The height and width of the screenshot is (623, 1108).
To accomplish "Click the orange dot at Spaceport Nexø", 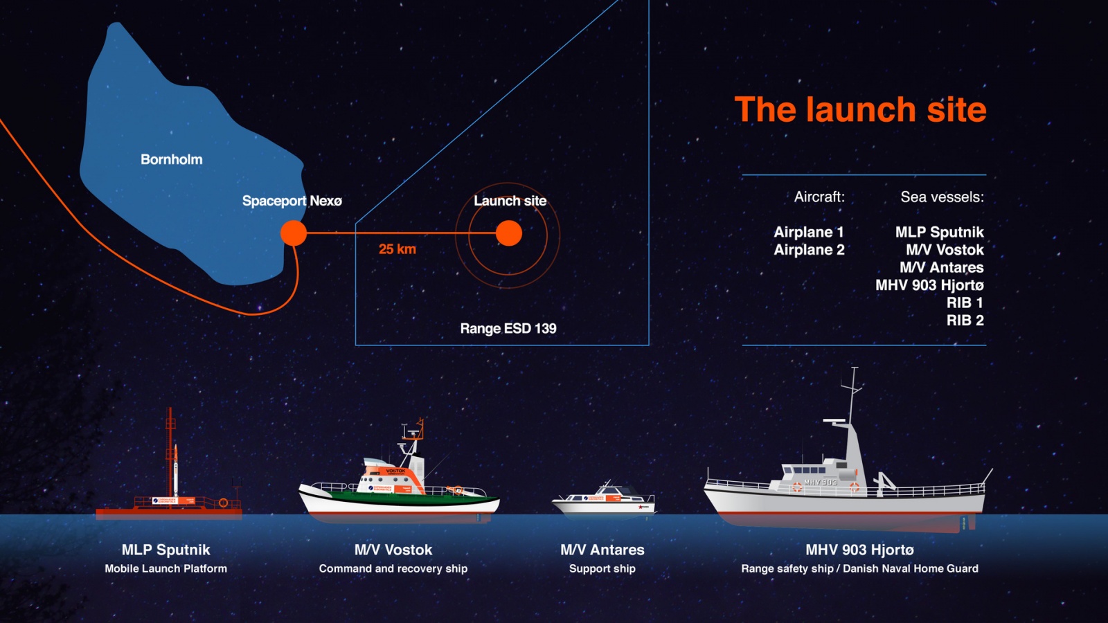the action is coord(294,233).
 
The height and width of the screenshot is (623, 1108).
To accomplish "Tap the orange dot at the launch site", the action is coord(509,233).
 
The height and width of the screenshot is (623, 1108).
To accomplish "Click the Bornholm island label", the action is coord(172,159).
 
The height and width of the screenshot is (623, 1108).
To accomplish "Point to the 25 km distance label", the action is coord(397,249).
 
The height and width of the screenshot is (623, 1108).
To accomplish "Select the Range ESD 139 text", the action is coord(508,328).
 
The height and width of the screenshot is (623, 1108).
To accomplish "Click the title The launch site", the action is coord(860,109).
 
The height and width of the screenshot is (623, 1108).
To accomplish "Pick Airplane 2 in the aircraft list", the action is coord(809,250).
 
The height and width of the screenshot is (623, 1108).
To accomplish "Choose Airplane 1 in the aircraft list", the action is coord(809,232).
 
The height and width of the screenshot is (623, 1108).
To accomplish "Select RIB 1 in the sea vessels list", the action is coord(965,303).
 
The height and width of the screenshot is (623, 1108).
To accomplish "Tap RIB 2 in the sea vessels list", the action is coord(965,320).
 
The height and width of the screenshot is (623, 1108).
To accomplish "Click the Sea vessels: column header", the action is coord(942,197).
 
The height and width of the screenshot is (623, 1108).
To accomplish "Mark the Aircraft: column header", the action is coord(819,197).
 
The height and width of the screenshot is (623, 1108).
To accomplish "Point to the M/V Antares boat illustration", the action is coord(603,500).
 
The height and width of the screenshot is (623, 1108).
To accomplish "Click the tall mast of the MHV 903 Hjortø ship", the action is coord(853,408).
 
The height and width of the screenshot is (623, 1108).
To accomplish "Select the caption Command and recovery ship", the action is coord(393,568).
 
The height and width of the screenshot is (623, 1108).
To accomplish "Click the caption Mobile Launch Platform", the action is coord(166,568).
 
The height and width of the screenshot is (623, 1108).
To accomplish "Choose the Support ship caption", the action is coord(602,568).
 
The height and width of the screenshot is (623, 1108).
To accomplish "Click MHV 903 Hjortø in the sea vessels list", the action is coord(929,285).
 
